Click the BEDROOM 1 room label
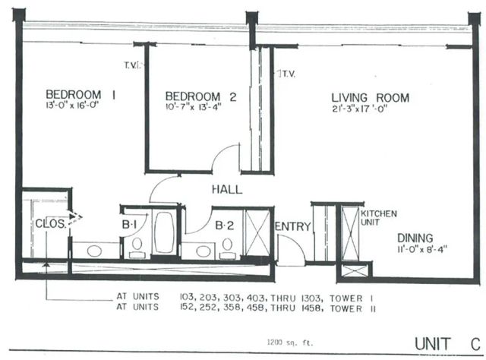[80, 95]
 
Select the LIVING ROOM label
[370, 97]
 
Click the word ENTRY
[290, 226]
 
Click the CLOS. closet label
[50, 224]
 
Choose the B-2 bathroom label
[223, 225]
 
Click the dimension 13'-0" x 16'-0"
[73, 107]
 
